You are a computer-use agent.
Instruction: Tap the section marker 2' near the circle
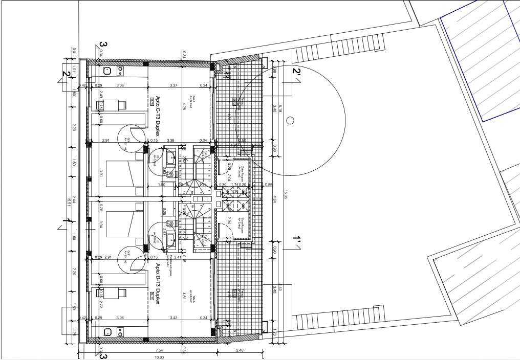click(296, 73)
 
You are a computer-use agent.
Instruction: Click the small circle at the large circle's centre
click(290, 121)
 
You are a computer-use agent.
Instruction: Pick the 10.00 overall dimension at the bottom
click(159, 357)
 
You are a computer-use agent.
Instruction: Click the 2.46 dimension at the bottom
click(240, 350)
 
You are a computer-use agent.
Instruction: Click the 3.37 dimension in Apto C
click(173, 85)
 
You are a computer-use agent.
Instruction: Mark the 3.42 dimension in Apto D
click(173, 318)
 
